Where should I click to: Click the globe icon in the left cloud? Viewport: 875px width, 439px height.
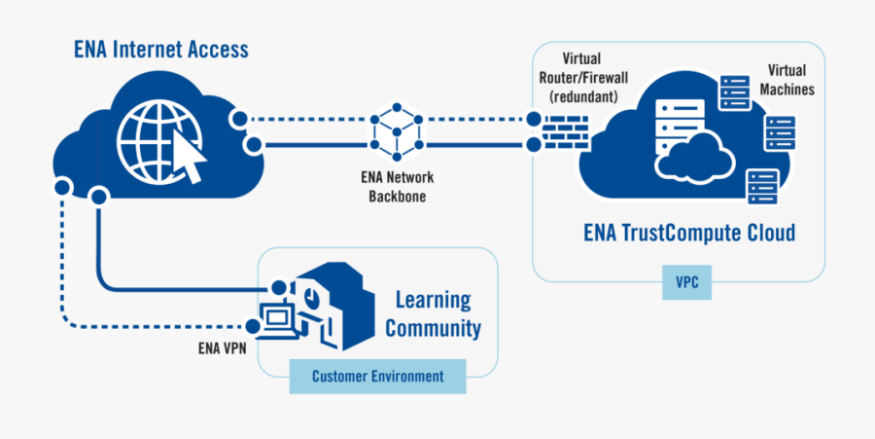157,141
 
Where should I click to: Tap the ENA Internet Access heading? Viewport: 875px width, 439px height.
161,49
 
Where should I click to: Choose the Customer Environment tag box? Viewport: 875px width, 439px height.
377,376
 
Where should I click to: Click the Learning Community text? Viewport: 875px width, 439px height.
433,313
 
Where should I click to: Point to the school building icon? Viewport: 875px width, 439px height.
336,307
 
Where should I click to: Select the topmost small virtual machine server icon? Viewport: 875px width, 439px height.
731,94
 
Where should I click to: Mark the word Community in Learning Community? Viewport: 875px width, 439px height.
433,328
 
